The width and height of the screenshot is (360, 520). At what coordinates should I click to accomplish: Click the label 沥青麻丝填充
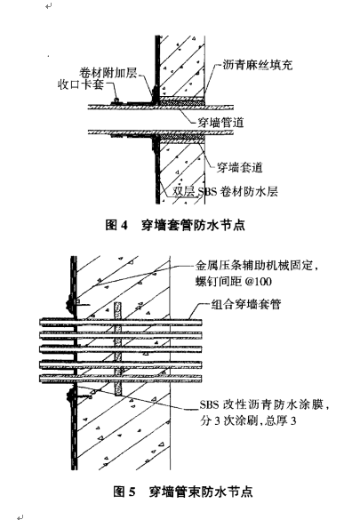click(x=257, y=65)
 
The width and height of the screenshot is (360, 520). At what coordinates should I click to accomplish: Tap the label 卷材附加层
click(x=108, y=73)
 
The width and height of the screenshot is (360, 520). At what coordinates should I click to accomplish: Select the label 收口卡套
click(x=81, y=84)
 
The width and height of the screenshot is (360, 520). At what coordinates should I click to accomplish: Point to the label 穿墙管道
click(x=220, y=123)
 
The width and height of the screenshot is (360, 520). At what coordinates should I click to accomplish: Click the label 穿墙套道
click(x=239, y=167)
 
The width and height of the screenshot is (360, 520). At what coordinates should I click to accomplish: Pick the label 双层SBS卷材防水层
click(x=225, y=192)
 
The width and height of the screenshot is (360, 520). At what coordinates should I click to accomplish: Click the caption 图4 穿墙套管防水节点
click(x=175, y=225)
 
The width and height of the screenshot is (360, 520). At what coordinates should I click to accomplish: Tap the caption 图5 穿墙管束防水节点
click(x=182, y=492)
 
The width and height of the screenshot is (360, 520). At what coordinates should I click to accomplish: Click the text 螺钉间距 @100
click(x=233, y=282)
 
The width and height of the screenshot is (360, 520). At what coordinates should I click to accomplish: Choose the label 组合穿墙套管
click(x=246, y=304)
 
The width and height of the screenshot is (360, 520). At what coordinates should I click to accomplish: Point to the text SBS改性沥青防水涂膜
click(x=260, y=404)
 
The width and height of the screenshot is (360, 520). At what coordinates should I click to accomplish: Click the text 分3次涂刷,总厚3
click(x=248, y=420)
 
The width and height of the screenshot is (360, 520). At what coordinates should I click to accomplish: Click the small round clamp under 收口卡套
click(x=116, y=100)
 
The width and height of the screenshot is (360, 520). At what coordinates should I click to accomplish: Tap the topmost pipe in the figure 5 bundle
click(x=121, y=323)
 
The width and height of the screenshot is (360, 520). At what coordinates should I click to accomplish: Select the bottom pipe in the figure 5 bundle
click(x=121, y=379)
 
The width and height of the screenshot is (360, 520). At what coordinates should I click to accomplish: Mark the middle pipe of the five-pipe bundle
click(x=121, y=349)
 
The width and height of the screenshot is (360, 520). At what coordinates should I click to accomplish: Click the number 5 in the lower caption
click(x=132, y=492)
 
